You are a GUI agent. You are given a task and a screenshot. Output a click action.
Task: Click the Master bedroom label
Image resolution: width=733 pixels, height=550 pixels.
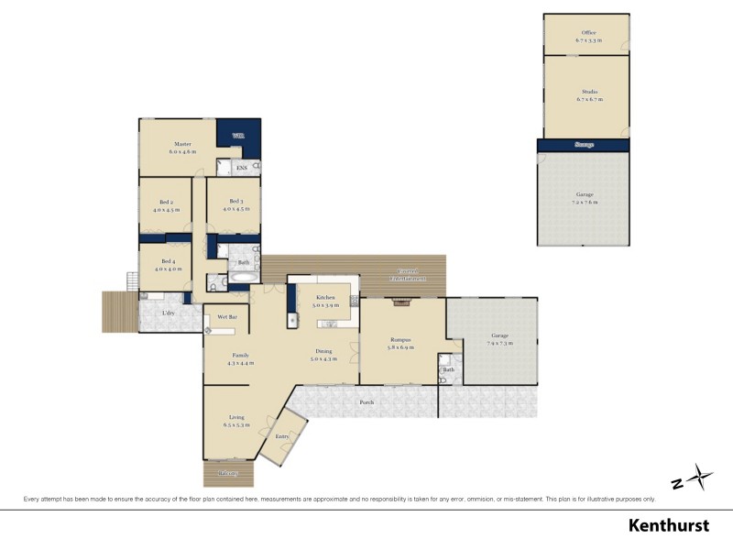(182, 144)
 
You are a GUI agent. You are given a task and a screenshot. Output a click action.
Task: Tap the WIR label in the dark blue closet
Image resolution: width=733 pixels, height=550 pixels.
(237, 137)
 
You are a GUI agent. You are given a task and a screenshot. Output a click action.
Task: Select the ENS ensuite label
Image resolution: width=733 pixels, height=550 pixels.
(241, 169)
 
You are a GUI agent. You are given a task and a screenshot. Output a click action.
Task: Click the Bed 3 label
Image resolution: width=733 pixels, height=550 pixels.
(235, 202)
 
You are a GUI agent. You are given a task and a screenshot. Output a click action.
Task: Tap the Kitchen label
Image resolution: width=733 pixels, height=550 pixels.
(325, 298)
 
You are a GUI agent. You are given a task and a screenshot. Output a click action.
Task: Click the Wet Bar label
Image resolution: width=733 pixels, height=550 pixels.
(227, 317)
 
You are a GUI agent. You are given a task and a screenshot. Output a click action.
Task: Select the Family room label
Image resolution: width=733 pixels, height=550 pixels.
(239, 356)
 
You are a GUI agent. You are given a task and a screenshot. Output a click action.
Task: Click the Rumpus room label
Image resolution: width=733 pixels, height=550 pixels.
(399, 340)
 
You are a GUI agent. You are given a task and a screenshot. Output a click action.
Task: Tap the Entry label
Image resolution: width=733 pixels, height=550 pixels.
(281, 436)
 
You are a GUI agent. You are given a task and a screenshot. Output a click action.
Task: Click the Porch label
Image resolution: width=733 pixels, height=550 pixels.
(366, 402)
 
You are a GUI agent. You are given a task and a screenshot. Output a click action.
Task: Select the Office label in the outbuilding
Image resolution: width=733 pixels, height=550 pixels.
(587, 33)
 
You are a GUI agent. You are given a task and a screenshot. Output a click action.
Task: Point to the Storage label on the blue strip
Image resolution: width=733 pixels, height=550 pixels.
(584, 145)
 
